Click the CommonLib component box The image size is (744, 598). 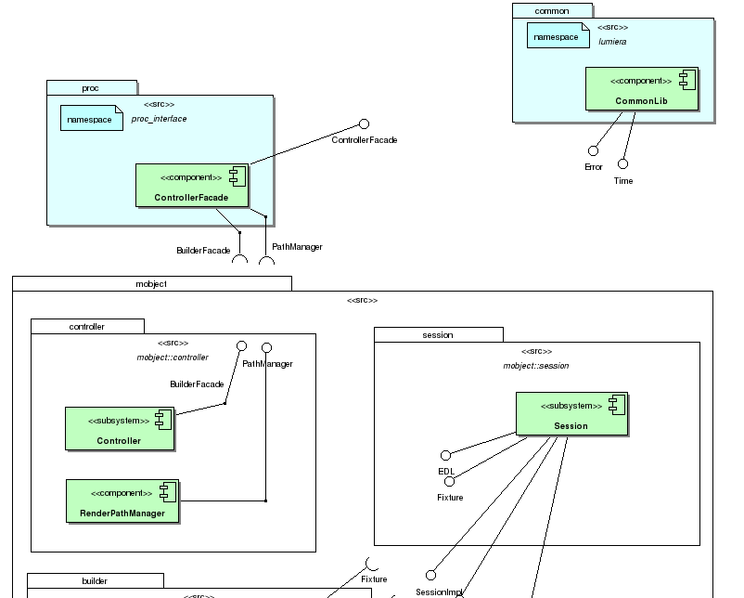point(641,90)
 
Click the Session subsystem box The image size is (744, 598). point(571,415)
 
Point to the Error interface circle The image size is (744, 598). point(593,150)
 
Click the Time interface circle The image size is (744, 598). point(623,164)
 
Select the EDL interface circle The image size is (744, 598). point(445,455)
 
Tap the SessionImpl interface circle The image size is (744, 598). point(430,575)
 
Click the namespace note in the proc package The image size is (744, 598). point(92,119)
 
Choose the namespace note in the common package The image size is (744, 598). point(559,36)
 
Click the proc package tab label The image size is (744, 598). point(91,88)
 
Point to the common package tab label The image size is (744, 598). point(553,10)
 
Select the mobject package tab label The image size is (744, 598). point(151,283)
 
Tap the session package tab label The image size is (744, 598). point(438,334)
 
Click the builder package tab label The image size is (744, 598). point(95,580)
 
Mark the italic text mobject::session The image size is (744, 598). point(536,366)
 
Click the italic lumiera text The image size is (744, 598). point(613,42)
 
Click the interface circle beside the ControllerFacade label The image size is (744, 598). point(365,124)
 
